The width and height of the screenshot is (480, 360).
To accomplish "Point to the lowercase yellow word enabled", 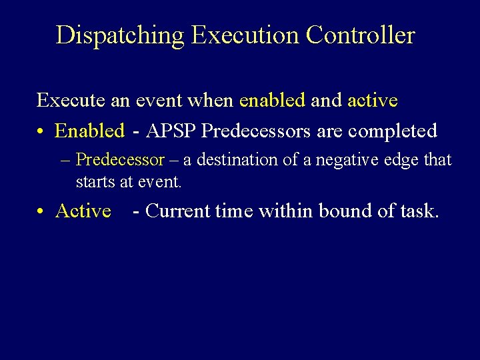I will coord(272,101).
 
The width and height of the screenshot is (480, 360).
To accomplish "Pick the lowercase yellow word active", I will coord(373,101).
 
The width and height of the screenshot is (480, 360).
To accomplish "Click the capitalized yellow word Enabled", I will coord(89,131).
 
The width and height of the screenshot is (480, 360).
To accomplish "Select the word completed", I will coord(393,131).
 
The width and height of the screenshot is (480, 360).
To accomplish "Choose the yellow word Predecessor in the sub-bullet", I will coord(120,160).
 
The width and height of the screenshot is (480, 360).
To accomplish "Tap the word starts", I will coord(95,181).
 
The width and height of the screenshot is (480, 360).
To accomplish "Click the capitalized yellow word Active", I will coord(83,211).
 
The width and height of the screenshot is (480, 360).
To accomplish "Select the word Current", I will coord(175,211).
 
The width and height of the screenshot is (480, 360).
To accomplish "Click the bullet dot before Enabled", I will coord(41,131).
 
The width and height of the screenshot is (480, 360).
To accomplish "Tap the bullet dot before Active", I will coord(41,211).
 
